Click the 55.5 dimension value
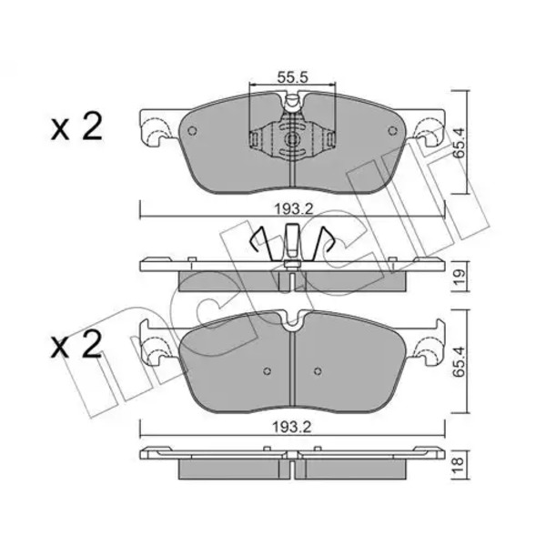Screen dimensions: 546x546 point(293,77)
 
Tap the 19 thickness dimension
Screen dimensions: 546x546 point(459,278)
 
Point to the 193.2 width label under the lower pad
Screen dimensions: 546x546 point(291,428)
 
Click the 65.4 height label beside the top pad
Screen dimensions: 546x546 point(459,143)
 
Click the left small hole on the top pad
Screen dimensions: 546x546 point(192,131)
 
